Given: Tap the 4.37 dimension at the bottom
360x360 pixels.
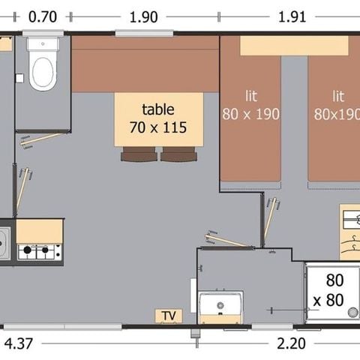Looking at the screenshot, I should [x=19, y=343].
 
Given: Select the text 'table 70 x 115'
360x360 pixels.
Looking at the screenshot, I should [x=158, y=118].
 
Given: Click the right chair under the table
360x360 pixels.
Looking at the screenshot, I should [x=177, y=154].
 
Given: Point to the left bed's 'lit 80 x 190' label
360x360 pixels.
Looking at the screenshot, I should [x=250, y=106].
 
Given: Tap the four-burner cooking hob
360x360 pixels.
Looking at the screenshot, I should [x=39, y=251].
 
